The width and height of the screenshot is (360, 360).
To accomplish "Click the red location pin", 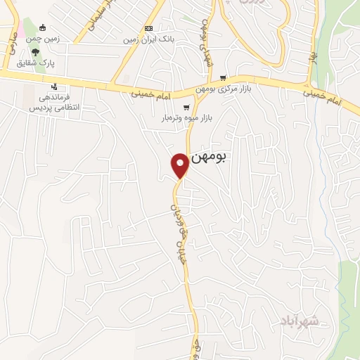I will (x=180, y=165).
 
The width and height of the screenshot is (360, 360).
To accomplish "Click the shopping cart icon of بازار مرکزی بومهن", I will (x=224, y=77).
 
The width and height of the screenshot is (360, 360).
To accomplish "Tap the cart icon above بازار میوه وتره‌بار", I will (x=186, y=107).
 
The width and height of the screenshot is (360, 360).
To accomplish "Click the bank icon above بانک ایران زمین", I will (x=148, y=28).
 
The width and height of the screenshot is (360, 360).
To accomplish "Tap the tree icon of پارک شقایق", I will (x=35, y=51).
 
